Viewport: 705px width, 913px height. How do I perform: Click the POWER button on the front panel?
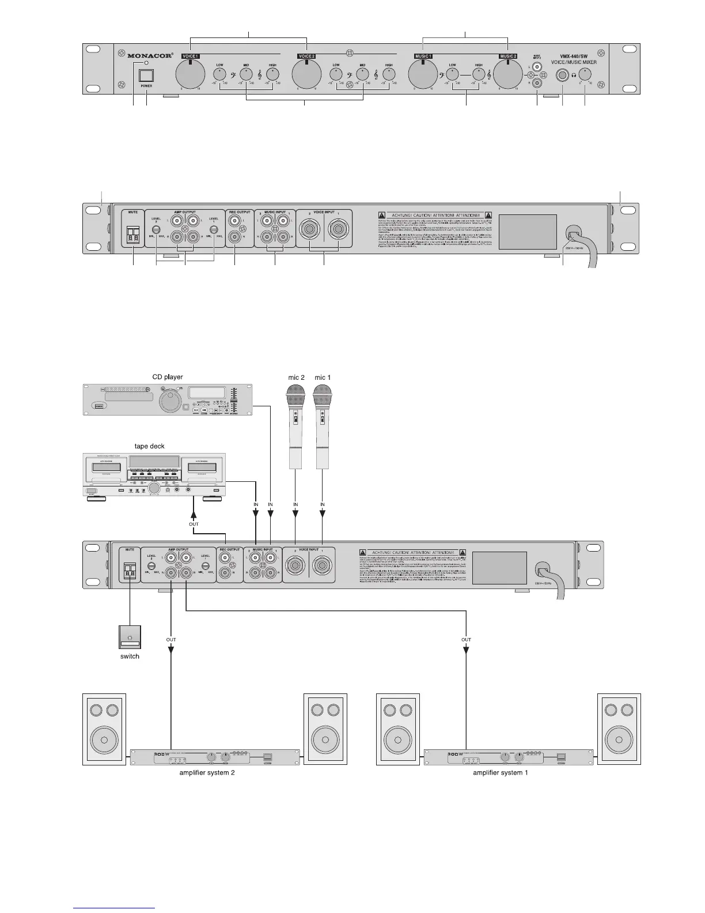pyautogui.click(x=147, y=76)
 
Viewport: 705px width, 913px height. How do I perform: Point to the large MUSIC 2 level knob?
pyautogui.click(x=508, y=74)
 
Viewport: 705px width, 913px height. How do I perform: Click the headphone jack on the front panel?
pyautogui.click(x=562, y=75)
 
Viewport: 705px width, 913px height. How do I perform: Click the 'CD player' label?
pyautogui.click(x=168, y=377)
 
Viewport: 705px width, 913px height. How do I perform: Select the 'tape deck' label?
pyautogui.click(x=149, y=446)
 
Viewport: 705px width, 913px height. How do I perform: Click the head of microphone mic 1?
pyautogui.click(x=323, y=397)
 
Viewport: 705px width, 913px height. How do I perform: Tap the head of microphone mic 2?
pyautogui.click(x=296, y=397)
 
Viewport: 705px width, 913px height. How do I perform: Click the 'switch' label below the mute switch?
pyautogui.click(x=130, y=656)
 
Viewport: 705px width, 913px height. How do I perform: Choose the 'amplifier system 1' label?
pyautogui.click(x=500, y=772)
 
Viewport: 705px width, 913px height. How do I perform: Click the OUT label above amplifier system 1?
pyautogui.click(x=466, y=639)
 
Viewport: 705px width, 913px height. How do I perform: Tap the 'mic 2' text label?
pyautogui.click(x=296, y=378)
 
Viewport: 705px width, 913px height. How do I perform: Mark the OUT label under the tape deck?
pyautogui.click(x=194, y=524)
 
